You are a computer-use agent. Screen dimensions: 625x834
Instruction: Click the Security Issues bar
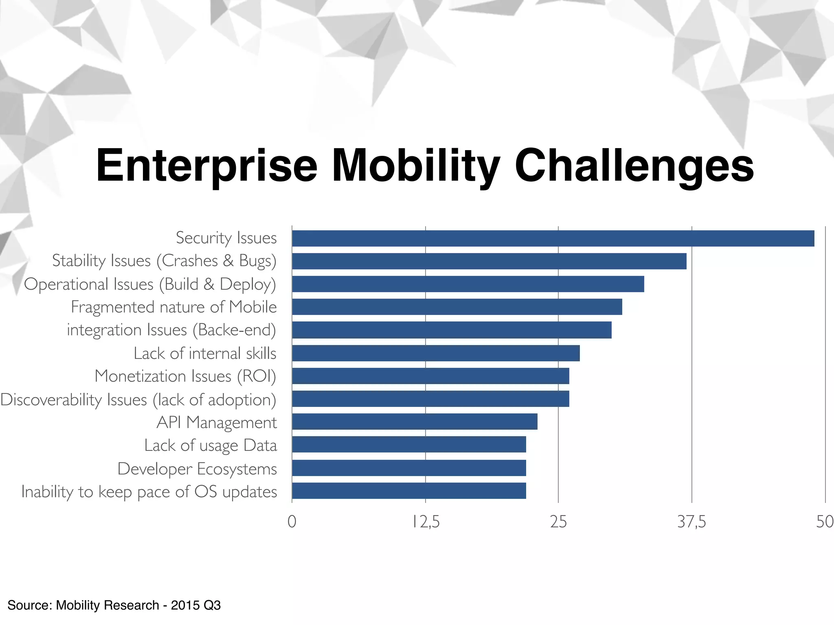[553, 238]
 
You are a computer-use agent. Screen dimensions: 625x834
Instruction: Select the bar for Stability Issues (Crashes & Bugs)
[489, 261]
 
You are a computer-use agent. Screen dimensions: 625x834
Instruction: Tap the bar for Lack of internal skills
[436, 353]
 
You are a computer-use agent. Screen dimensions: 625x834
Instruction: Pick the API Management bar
[415, 422]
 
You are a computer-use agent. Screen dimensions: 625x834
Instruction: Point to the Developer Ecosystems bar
[409, 468]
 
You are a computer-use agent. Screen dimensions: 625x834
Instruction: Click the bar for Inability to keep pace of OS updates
[409, 491]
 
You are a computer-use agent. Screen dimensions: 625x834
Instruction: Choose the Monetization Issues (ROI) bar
[430, 376]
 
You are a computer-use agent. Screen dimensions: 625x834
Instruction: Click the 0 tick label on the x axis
[292, 522]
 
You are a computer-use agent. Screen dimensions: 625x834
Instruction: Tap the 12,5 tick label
[426, 522]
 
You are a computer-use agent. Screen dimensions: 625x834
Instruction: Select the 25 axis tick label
[558, 522]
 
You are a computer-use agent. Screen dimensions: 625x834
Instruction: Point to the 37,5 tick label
[691, 522]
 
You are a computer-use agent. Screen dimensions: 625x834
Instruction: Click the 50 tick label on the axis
[824, 522]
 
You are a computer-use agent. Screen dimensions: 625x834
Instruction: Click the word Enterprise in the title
[206, 166]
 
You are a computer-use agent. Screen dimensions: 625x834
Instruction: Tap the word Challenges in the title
[634, 166]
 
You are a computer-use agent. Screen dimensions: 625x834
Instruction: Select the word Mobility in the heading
[415, 166]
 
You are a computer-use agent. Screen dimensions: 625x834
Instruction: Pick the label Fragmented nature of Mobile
[174, 307]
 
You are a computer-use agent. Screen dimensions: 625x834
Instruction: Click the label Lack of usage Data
[211, 446]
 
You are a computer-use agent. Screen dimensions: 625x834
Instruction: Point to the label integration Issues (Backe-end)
[171, 330]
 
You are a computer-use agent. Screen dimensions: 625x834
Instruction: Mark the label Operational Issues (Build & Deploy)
[150, 284]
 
